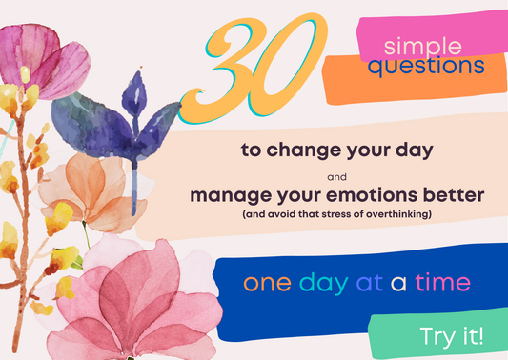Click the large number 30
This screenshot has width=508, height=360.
point(256,66)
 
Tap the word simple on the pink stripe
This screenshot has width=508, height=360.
point(422,46)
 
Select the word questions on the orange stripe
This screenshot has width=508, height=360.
point(425,68)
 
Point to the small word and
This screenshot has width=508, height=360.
point(336,176)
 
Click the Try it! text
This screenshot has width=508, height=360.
point(451,335)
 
